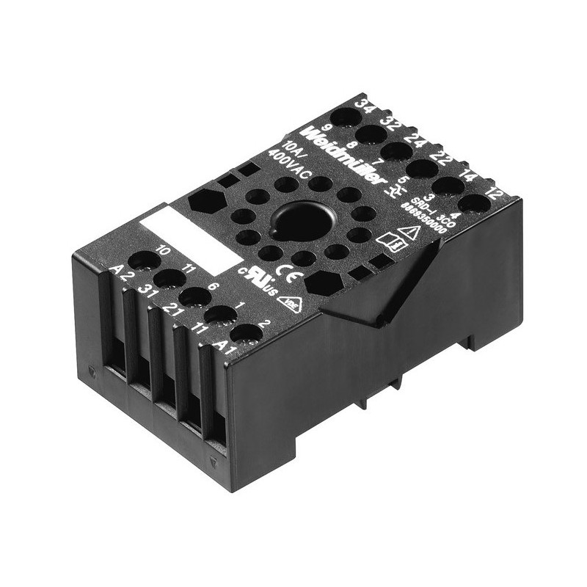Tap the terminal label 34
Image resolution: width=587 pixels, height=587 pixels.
pyautogui.click(x=362, y=104)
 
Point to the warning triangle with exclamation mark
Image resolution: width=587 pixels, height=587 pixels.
pyautogui.click(x=412, y=233)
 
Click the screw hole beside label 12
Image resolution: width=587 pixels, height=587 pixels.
pyautogui.click(x=474, y=203)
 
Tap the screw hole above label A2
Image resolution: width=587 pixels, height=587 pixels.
pyautogui.click(x=145, y=260)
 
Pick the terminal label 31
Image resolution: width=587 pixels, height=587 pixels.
pyautogui.click(x=147, y=291)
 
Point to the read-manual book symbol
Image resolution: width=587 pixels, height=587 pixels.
pyautogui.click(x=387, y=240)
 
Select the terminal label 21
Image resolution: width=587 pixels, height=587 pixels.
pyautogui.click(x=172, y=309)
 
